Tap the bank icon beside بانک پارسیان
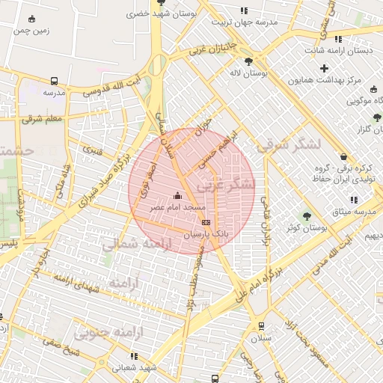click(x=206, y=222)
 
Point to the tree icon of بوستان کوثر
click(x=306, y=216)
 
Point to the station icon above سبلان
click(x=261, y=326)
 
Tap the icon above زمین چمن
click(x=31, y=19)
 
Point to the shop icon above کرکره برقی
click(x=343, y=157)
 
